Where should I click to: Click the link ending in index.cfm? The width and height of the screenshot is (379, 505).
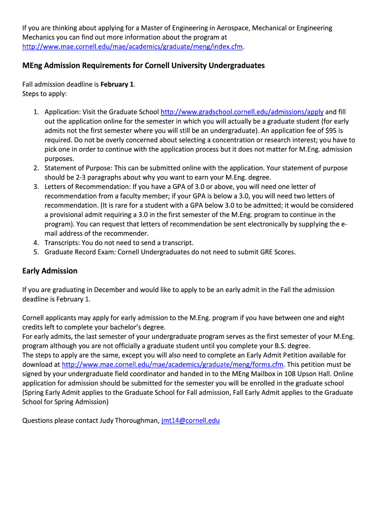coord(133,46)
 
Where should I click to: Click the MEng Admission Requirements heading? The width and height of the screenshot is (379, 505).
coord(143,65)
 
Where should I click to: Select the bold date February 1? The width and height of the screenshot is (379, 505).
coord(117,84)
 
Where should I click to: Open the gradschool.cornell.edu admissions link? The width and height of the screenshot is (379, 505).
coord(242,112)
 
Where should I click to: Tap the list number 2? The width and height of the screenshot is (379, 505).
coord(36,168)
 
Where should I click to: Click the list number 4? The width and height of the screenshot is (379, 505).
coord(36,243)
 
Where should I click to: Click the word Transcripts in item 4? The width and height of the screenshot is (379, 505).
coord(61,243)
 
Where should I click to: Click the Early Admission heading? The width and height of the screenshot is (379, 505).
coord(50,271)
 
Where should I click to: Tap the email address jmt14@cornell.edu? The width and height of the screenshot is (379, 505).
coord(190,421)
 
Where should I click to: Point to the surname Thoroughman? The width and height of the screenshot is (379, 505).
coord(134,421)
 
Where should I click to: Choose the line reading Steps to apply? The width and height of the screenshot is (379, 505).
coord(44,93)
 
